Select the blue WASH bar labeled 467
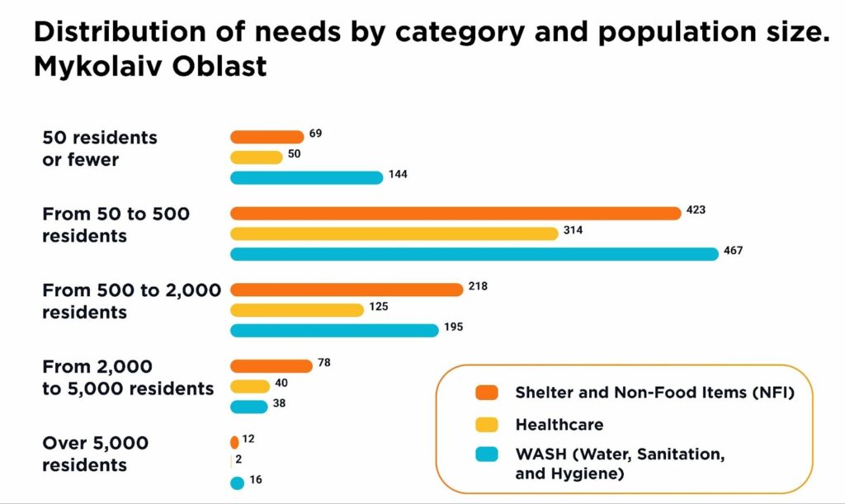[474, 254]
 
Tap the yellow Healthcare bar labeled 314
[394, 233]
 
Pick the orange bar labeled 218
[347, 290]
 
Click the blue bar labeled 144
[306, 177]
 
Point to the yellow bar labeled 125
[296, 310]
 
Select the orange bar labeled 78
[271, 366]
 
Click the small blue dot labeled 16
[238, 483]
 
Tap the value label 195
[453, 327]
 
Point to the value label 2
[239, 459]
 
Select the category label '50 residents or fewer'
[99, 148]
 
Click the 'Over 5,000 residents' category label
[95, 455]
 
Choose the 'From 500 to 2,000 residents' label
[130, 301]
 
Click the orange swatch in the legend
[487, 392]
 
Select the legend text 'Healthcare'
[559, 425]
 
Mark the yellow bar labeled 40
[250, 386]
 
